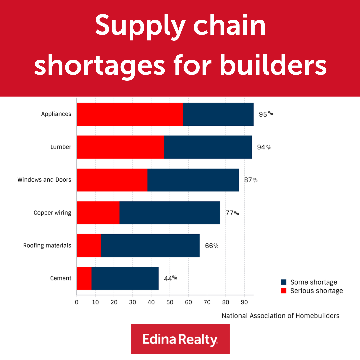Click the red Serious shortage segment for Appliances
(130, 114)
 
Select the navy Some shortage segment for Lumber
(208, 147)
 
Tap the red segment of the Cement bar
(84, 278)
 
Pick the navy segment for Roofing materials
(150, 246)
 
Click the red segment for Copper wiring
(98, 213)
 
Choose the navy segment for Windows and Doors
(193, 180)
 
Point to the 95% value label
(266, 114)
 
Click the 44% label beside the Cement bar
(170, 278)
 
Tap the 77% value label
(232, 213)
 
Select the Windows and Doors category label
(44, 180)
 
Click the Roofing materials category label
(47, 246)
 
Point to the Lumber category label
(61, 147)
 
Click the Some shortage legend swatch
(284, 282)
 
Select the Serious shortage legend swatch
(284, 291)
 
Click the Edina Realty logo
(180, 339)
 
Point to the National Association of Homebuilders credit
(280, 316)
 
